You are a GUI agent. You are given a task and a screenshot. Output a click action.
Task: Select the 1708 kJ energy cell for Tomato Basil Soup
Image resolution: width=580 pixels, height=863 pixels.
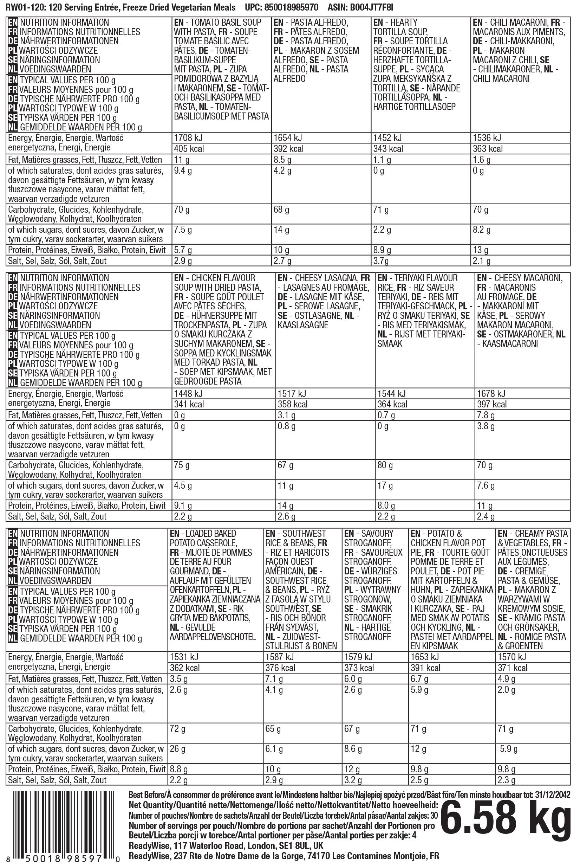coord(188,138)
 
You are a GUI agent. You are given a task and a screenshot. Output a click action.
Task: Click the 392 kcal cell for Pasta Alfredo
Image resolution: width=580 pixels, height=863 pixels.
coord(288,149)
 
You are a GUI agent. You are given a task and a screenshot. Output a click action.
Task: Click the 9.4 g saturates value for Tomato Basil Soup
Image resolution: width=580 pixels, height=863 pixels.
coord(183,171)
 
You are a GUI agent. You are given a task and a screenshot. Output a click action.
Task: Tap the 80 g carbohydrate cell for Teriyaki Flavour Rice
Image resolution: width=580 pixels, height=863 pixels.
coord(385,465)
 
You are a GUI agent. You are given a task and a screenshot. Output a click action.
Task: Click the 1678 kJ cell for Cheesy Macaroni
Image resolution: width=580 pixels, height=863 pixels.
coord(491,394)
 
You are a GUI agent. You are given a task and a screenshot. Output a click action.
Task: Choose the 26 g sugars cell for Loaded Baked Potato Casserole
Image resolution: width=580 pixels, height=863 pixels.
coord(177,749)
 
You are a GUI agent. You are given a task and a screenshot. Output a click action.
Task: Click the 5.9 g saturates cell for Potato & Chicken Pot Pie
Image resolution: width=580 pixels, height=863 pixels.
coord(419,690)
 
